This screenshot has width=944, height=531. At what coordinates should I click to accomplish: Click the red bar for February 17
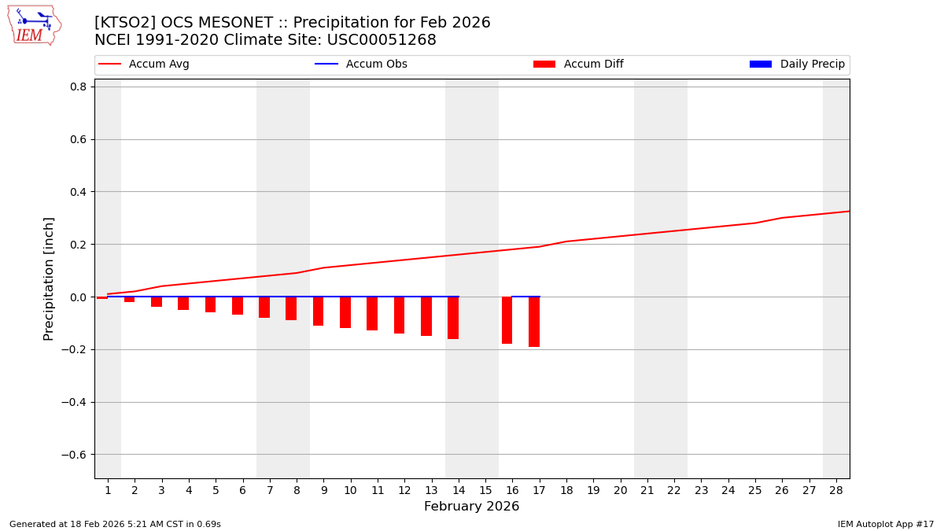coord(534,322)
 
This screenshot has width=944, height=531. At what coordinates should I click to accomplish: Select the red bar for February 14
coord(453,318)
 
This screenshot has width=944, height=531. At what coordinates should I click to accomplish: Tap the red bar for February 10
coord(345,312)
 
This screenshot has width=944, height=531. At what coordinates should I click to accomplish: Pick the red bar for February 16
coord(507,320)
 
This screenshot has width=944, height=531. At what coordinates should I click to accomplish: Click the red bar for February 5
coord(210,304)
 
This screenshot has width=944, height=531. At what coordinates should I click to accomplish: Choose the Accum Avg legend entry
coord(145,65)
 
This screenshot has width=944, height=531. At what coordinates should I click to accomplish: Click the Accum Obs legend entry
coord(362,65)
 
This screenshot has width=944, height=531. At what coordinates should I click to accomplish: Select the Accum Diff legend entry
coord(579,65)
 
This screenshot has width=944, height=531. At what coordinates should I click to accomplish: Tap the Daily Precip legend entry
coord(798,65)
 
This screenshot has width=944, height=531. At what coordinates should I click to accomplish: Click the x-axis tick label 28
coord(836,490)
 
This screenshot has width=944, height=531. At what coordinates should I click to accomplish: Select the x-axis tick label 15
coord(485,490)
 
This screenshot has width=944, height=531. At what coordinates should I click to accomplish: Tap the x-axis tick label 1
coord(108,490)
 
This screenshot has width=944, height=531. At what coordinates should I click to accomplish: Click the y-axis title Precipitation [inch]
coord(49,278)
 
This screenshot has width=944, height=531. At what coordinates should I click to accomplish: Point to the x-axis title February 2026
coord(471,507)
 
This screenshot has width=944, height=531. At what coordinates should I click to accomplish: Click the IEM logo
coord(34,25)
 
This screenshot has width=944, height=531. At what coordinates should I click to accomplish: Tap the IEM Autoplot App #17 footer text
coord(885,524)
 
